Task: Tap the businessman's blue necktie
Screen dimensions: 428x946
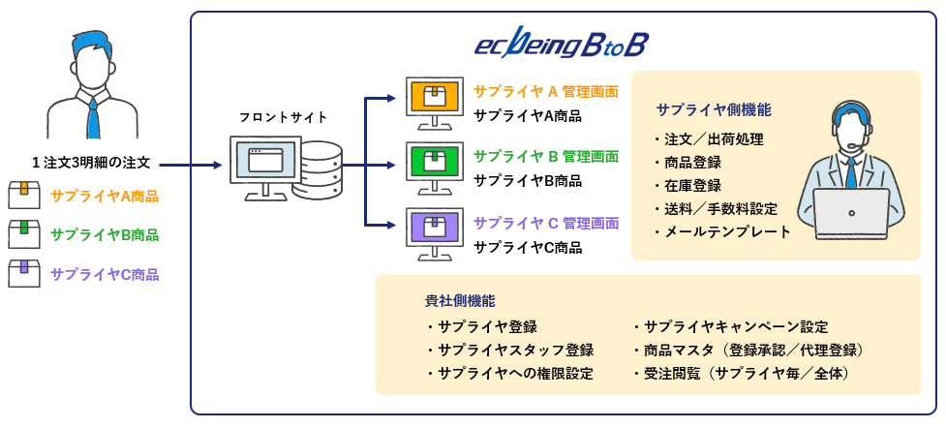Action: click(93, 118)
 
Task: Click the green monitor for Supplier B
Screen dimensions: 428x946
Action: click(432, 161)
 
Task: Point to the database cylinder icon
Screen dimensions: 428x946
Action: click(318, 170)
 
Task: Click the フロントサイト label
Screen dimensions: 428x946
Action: click(283, 117)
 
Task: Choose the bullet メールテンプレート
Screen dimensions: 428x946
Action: click(726, 231)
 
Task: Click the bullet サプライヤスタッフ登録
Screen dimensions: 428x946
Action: click(514, 350)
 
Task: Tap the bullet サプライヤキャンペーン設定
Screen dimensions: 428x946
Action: click(735, 326)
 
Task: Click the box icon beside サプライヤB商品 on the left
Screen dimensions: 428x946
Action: click(24, 233)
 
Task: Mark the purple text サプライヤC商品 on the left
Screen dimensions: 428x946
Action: click(105, 274)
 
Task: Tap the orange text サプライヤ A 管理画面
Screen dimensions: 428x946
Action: click(546, 92)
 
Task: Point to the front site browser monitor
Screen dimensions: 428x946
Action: click(263, 164)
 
